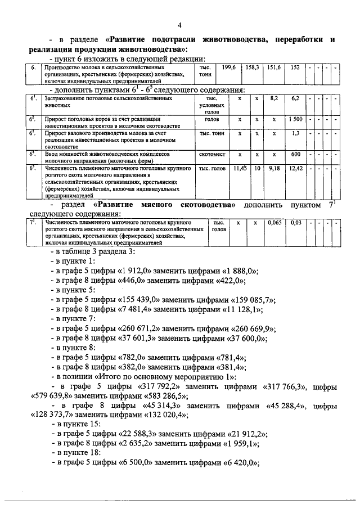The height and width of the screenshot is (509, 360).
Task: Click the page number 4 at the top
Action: tap(180, 25)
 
